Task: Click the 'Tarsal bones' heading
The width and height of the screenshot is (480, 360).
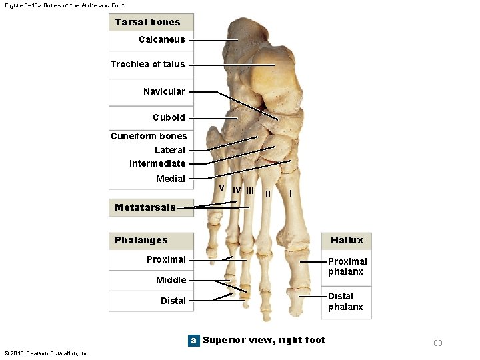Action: pyautogui.click(x=147, y=22)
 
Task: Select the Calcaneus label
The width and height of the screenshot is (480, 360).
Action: pyautogui.click(x=161, y=39)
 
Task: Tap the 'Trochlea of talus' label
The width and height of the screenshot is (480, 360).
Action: pyautogui.click(x=147, y=64)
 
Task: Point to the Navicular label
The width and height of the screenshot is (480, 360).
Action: pyautogui.click(x=164, y=91)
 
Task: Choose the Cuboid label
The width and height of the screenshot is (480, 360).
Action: pyautogui.click(x=169, y=117)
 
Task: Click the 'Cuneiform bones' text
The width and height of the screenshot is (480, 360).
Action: pyautogui.click(x=149, y=136)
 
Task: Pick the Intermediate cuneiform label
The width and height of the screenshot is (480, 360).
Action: pyautogui.click(x=157, y=163)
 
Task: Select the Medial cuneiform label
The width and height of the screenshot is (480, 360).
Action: pyautogui.click(x=171, y=179)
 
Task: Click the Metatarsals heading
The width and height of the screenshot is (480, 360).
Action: pyautogui.click(x=145, y=207)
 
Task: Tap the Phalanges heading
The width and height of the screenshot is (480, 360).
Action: pyautogui.click(x=141, y=240)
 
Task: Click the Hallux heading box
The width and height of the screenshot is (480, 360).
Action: pyautogui.click(x=347, y=240)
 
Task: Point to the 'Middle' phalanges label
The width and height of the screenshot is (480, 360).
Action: pyautogui.click(x=171, y=280)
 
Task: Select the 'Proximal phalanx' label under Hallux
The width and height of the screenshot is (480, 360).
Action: pyautogui.click(x=347, y=266)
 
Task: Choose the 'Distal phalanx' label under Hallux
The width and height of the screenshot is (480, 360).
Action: pyautogui.click(x=345, y=301)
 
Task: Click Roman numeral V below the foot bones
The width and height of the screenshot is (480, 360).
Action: pyautogui.click(x=221, y=188)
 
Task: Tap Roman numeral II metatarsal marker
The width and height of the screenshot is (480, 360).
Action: pyautogui.click(x=268, y=194)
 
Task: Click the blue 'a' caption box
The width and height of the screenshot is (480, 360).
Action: pyautogui.click(x=193, y=340)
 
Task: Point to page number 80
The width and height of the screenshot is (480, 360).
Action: pyautogui.click(x=437, y=343)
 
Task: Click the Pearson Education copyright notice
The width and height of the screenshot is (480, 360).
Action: pyautogui.click(x=47, y=353)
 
